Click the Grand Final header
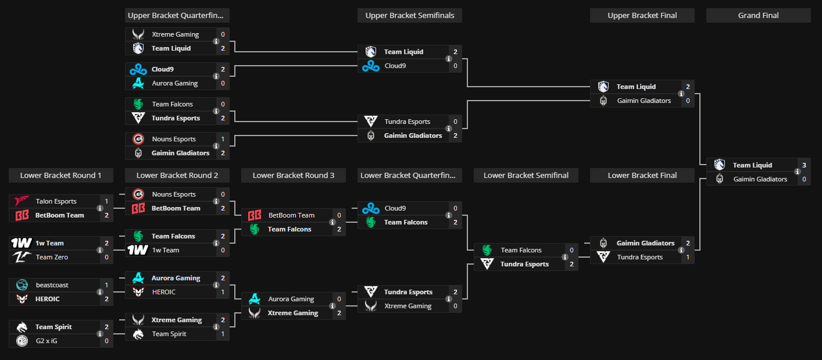pyautogui.click(x=758, y=15)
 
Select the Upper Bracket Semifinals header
pyautogui.click(x=409, y=15)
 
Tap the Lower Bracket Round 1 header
pyautogui.click(x=60, y=175)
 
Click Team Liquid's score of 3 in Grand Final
pyautogui.click(x=804, y=165)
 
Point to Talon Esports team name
pyautogui.click(x=56, y=201)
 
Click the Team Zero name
pyautogui.click(x=52, y=257)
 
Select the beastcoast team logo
pyautogui.click(x=22, y=285)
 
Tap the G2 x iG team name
pyautogui.click(x=47, y=341)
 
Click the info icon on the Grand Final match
pyautogui.click(x=797, y=172)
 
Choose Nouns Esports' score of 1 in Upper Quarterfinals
pyautogui.click(x=223, y=139)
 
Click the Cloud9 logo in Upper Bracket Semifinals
pyautogui.click(x=371, y=66)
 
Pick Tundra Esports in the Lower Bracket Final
pyautogui.click(x=639, y=257)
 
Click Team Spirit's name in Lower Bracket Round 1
pyautogui.click(x=53, y=327)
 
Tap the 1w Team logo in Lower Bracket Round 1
pyautogui.click(x=22, y=243)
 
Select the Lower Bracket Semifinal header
pyautogui.click(x=526, y=175)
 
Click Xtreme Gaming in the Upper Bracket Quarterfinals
pyautogui.click(x=175, y=34)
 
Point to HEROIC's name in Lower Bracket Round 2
pyautogui.click(x=163, y=292)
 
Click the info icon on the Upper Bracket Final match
pyautogui.click(x=681, y=94)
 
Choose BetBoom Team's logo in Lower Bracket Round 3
pyautogui.click(x=255, y=215)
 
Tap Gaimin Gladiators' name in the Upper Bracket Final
pyautogui.click(x=644, y=101)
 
